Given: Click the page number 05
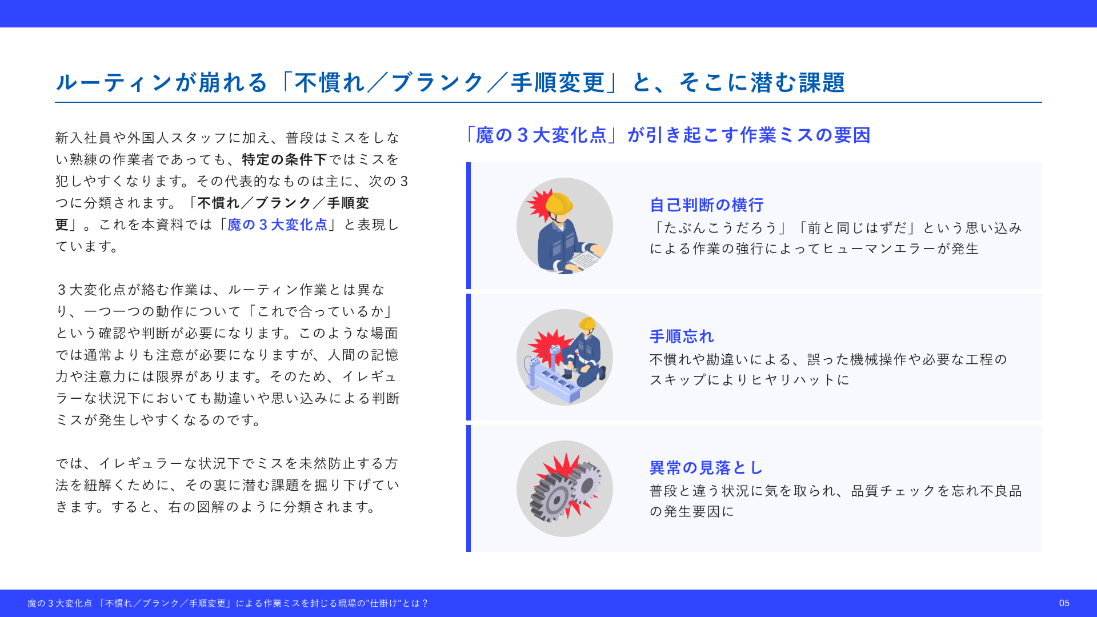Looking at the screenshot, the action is coord(1064,603).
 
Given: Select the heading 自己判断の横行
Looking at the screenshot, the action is coord(707,205).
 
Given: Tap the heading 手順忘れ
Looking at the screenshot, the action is coord(682,336).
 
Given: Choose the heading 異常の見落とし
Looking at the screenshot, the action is coord(707,468).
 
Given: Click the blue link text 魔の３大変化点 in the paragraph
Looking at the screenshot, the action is coord(277,225).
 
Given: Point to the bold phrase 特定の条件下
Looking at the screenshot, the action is coord(285,159).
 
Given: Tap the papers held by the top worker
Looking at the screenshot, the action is coord(583,261).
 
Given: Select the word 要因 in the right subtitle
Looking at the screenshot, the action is coord(852,135).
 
